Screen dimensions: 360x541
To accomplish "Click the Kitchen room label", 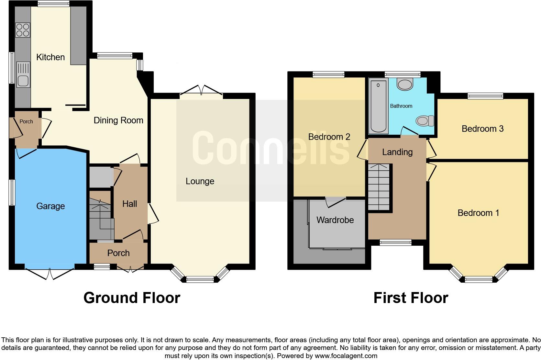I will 50,57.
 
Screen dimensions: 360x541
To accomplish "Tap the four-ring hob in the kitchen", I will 23,30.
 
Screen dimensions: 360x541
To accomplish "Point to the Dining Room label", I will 118,120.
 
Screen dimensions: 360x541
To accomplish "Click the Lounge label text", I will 200,181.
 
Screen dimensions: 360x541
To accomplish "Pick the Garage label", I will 50,206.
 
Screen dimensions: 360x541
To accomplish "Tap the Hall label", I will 129,204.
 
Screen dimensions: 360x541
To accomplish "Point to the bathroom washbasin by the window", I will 404,84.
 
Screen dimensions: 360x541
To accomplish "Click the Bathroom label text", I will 401,106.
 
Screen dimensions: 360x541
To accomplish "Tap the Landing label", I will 397,152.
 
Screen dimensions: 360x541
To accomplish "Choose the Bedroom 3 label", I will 482,129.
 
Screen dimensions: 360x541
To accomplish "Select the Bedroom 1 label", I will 478,213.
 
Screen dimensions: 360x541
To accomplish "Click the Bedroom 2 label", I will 329,137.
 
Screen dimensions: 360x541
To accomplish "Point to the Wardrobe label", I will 335,220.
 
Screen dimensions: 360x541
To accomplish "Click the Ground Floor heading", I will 132,298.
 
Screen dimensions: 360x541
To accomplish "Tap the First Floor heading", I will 411,298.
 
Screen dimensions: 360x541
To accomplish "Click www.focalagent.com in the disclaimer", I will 346,356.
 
